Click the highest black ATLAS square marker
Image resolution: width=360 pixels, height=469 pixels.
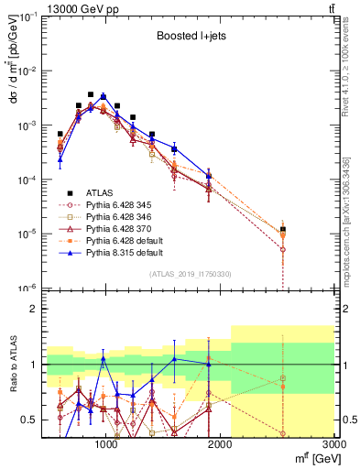tap(90, 94)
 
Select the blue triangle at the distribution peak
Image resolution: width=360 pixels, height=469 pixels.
tap(104, 96)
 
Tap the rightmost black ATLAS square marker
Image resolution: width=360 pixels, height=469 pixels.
tap(283, 229)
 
